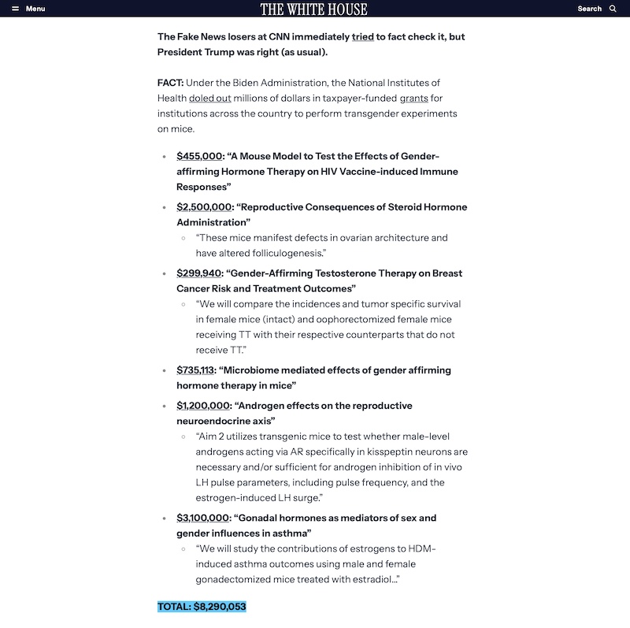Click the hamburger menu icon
pyautogui.click(x=15, y=9)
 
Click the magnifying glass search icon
pyautogui.click(x=613, y=9)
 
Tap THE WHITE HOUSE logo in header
pyautogui.click(x=313, y=9)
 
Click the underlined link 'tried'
pyautogui.click(x=362, y=37)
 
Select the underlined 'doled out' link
pyautogui.click(x=209, y=98)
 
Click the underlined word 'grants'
pyautogui.click(x=413, y=98)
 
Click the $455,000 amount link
pyautogui.click(x=199, y=156)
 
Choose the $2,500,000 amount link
pyautogui.click(x=204, y=207)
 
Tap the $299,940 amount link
pyautogui.click(x=198, y=273)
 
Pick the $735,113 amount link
pyautogui.click(x=195, y=370)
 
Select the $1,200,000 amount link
pyautogui.click(x=203, y=406)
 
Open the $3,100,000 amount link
pyautogui.click(x=203, y=518)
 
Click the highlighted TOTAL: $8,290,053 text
pyautogui.click(x=202, y=607)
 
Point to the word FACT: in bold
pyautogui.click(x=171, y=83)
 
